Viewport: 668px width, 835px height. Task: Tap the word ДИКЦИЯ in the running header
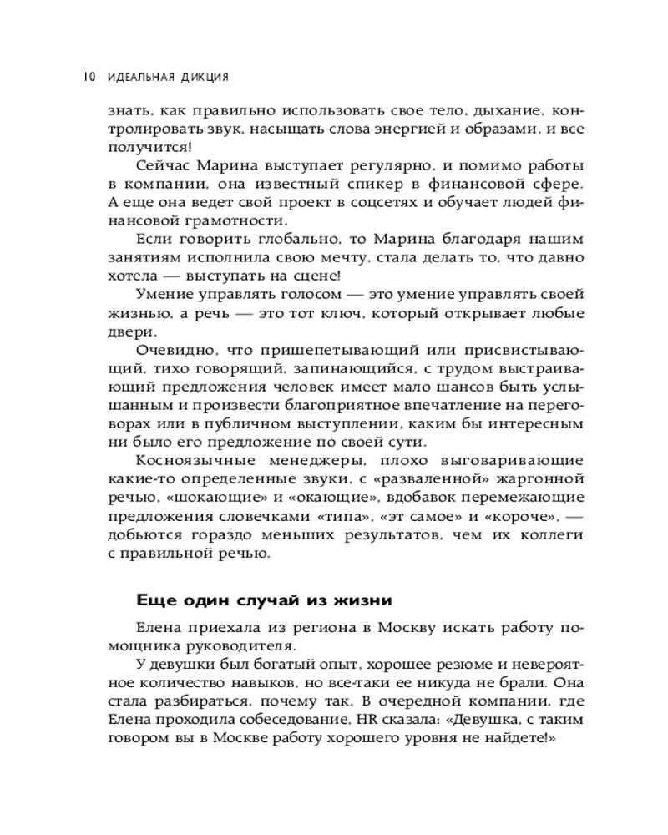point(202,78)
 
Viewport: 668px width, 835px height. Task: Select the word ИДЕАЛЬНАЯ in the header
point(138,78)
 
